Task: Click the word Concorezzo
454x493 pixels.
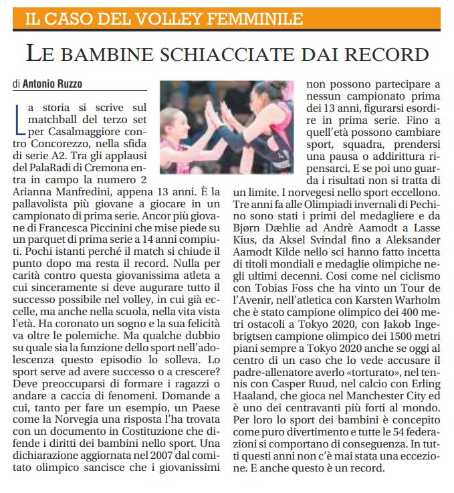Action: click(x=63, y=144)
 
